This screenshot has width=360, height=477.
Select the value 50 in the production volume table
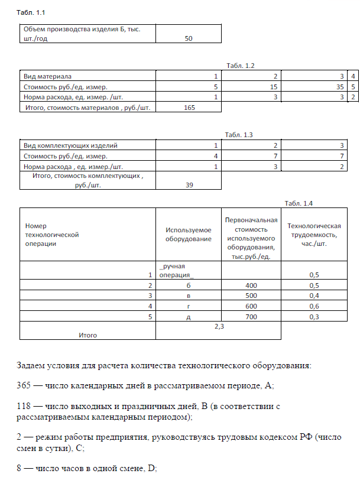[x=189, y=38]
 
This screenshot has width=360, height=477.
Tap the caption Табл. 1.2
[x=240, y=65]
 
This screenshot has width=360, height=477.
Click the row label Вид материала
[x=47, y=76]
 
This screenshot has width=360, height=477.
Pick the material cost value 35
[x=340, y=87]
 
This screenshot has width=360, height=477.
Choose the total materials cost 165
[x=189, y=108]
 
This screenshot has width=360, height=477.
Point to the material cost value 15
[x=274, y=87]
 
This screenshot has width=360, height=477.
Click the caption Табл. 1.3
[x=239, y=135]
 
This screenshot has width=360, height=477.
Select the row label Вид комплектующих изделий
[x=70, y=145]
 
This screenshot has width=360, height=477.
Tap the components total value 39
[x=189, y=184]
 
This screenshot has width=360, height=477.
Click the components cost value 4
[x=216, y=156]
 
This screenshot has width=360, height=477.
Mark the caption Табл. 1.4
[x=299, y=203]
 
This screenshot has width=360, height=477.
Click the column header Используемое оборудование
[x=188, y=234]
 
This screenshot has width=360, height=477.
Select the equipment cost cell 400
[x=251, y=285]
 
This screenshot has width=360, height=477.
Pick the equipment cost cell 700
[x=251, y=316]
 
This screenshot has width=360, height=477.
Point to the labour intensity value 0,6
[x=314, y=306]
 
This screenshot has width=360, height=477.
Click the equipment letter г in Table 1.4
[x=188, y=306]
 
